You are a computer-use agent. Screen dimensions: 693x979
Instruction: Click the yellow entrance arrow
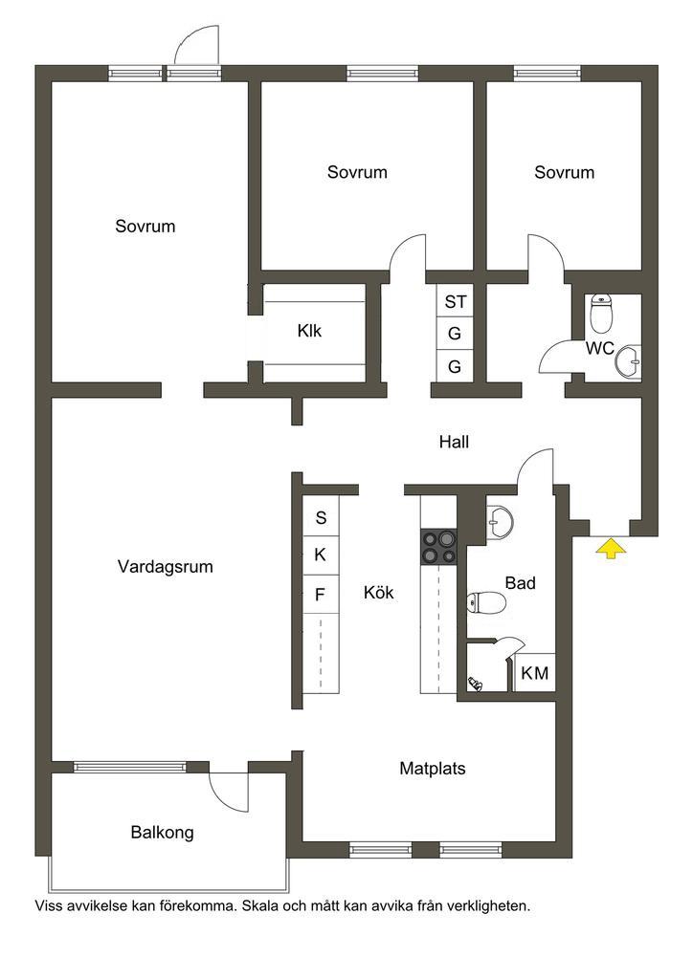[x=610, y=548]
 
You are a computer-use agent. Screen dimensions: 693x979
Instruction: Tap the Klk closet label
[x=309, y=332]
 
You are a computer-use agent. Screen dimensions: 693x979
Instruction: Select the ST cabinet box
[x=456, y=302]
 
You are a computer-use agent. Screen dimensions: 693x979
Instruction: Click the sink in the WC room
[x=629, y=360]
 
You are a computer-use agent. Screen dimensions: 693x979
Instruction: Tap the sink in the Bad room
[x=499, y=520]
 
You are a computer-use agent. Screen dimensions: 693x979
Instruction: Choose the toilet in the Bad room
[x=485, y=602]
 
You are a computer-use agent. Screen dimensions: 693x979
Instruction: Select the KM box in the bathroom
[x=535, y=673]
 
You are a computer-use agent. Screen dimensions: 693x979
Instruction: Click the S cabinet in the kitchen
[x=321, y=518]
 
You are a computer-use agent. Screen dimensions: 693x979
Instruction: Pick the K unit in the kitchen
[x=321, y=555]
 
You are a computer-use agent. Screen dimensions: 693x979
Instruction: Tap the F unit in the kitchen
[x=321, y=594]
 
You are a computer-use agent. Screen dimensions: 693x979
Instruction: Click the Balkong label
[x=162, y=832]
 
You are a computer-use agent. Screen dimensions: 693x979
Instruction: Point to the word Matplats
[x=433, y=768]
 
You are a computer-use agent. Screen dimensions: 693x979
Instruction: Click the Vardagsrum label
[x=165, y=566]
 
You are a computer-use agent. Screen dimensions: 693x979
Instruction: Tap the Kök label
[x=378, y=593]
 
